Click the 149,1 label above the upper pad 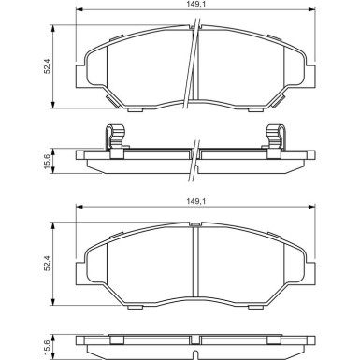[193, 4]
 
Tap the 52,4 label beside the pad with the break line [47, 66]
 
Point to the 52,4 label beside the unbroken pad [47, 264]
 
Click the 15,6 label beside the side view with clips [47, 161]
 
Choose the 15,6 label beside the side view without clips [47, 347]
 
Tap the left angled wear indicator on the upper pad [112, 100]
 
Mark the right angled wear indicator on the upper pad [279, 100]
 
